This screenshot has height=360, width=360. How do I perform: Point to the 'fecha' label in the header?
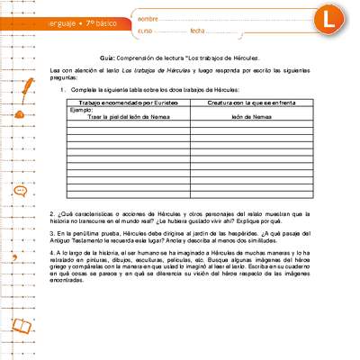[x=199, y=31]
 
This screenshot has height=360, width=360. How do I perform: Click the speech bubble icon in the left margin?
[x=20, y=191]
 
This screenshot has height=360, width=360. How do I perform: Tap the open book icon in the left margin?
[x=20, y=326]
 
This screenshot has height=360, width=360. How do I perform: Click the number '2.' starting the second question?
[x=52, y=212]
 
